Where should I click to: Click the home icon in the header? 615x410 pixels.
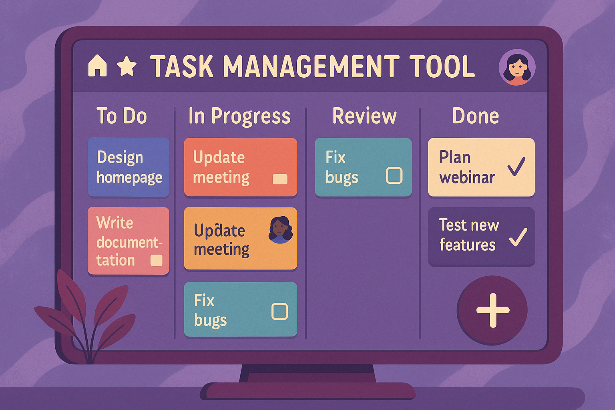(97, 66)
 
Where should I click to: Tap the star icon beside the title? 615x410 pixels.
(127, 66)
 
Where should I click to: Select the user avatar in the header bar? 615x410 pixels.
(517, 68)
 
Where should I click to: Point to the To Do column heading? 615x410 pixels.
(122, 116)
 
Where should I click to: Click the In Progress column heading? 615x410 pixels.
(239, 116)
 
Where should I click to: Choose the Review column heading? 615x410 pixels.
(364, 116)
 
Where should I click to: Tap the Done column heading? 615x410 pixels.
(476, 116)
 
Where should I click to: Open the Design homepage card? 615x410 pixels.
(129, 167)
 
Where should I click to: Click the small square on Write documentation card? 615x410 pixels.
(156, 261)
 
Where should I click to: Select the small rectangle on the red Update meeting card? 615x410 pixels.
(280, 179)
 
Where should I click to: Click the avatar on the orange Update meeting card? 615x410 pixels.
(281, 230)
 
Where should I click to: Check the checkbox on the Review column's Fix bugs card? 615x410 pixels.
(394, 175)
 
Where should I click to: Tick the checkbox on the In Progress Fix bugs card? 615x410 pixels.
(279, 311)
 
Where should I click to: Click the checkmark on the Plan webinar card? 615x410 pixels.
(516, 167)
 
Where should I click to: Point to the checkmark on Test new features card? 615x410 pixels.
(518, 237)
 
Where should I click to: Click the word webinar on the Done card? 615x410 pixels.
(467, 177)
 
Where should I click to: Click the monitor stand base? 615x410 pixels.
(307, 391)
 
